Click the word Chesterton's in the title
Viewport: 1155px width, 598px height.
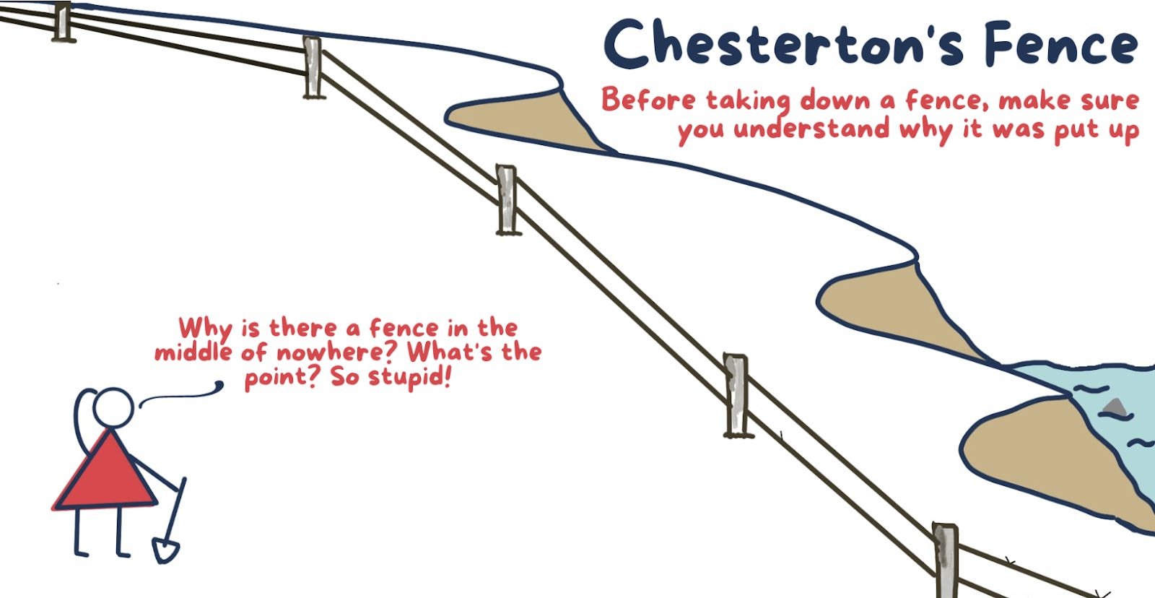(783, 45)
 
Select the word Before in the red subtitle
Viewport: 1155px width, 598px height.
(648, 100)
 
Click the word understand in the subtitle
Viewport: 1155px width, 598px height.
(811, 130)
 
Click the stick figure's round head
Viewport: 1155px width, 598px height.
(113, 408)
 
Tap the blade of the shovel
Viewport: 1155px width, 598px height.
(165, 550)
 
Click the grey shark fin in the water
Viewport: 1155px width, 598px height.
(1115, 408)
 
